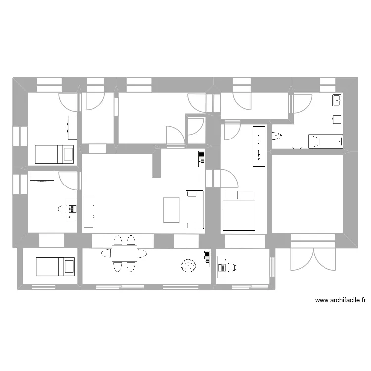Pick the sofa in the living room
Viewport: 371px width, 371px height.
pyautogui.click(x=194, y=210)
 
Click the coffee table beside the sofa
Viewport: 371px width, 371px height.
pyautogui.click(x=171, y=210)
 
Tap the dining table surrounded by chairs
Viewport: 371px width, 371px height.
pyautogui.click(x=124, y=253)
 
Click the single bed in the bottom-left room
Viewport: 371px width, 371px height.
pyautogui.click(x=55, y=267)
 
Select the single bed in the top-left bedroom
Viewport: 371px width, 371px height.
pyautogui.click(x=54, y=154)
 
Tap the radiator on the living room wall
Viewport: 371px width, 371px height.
pyautogui.click(x=201, y=157)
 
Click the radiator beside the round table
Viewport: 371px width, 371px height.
pyautogui.click(x=206, y=259)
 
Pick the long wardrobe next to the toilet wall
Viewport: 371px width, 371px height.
pyautogui.click(x=259, y=146)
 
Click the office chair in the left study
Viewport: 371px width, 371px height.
pyautogui.click(x=63, y=209)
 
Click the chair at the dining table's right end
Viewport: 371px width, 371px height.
pyautogui.click(x=142, y=253)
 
